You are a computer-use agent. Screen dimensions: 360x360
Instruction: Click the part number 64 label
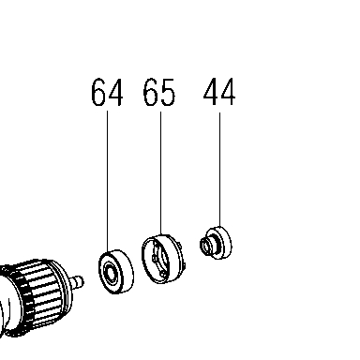coord(107,92)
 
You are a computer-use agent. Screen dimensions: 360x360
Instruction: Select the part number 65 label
coord(159,92)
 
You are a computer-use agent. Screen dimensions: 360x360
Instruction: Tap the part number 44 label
coord(219,91)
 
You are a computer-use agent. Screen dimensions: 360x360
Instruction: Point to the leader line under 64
coord(108,181)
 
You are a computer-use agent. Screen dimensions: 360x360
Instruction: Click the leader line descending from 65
coord(161,173)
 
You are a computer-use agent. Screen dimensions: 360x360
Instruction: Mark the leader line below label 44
coord(219,170)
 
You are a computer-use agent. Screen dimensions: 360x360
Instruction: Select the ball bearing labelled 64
coord(116,272)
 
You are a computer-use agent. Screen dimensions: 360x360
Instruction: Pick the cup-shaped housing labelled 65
coord(163,259)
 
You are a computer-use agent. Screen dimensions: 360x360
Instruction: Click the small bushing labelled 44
coord(216,243)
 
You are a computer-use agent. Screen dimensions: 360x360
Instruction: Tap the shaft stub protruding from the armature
coord(78,280)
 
